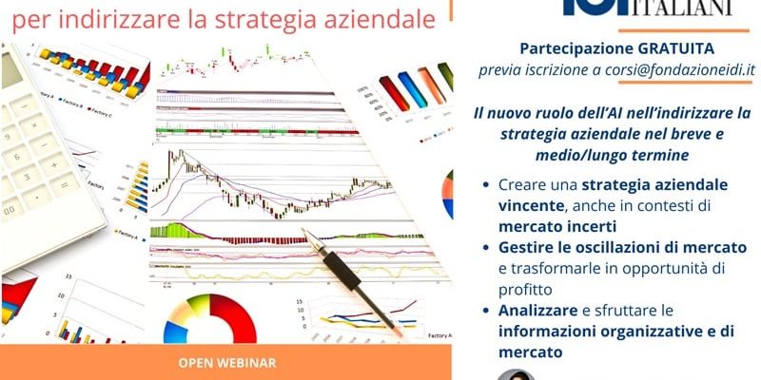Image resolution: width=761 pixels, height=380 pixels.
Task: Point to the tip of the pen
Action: click(307, 234)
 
